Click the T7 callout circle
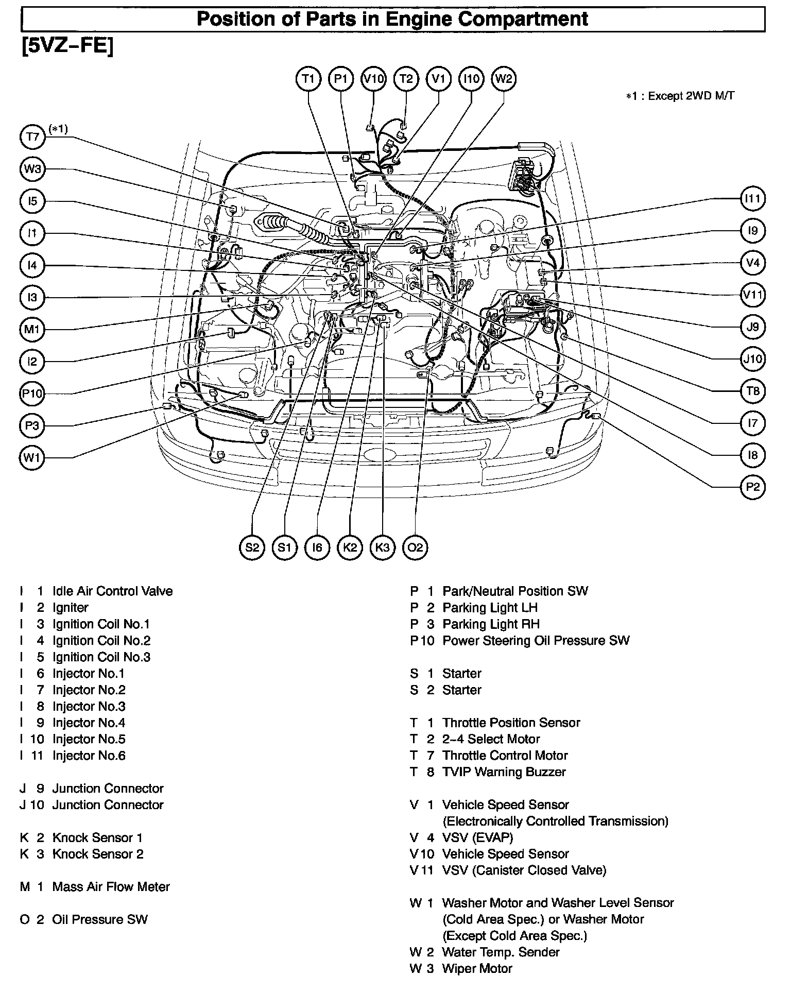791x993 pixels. click(32, 137)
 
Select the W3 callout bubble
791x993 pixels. click(32, 169)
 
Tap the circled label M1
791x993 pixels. click(32, 329)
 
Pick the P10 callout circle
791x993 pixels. click(32, 394)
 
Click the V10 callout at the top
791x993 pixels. click(373, 79)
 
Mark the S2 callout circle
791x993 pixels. click(252, 547)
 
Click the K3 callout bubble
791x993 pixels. click(383, 547)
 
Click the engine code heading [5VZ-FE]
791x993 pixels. click(67, 46)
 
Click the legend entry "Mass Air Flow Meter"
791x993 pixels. click(111, 887)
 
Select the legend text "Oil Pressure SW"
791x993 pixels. click(100, 919)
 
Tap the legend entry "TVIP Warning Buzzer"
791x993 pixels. click(504, 772)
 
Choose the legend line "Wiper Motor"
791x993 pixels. click(477, 968)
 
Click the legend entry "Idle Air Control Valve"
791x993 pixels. click(112, 591)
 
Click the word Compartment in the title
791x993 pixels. click(523, 19)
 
